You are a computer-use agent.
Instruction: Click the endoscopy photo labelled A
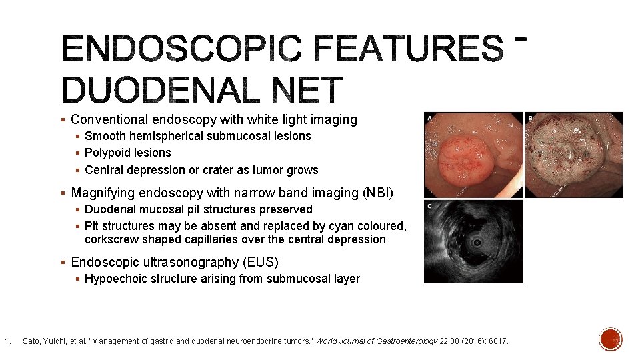point(473,155)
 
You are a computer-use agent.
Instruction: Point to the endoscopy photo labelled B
point(574,155)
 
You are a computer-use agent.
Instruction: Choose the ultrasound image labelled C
point(473,241)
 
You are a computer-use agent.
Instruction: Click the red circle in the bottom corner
point(611,339)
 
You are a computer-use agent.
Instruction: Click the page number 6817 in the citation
point(497,341)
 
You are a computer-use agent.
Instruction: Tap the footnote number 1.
point(6,341)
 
